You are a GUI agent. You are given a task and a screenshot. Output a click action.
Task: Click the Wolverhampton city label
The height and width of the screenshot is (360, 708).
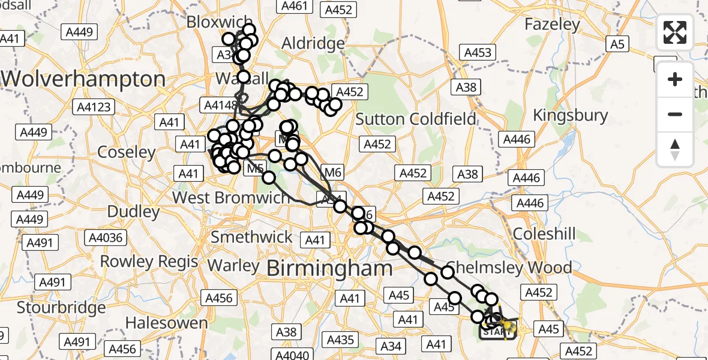(83, 79)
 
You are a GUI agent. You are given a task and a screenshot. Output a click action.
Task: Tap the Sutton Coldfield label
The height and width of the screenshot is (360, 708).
(416, 118)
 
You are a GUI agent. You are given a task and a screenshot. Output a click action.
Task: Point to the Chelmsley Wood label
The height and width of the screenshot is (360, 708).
(509, 266)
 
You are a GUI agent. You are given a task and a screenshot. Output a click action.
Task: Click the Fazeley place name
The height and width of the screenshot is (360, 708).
(552, 25)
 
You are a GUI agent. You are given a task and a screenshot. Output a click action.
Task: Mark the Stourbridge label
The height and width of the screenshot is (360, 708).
(61, 308)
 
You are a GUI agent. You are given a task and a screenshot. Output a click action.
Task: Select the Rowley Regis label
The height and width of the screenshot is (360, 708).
(149, 262)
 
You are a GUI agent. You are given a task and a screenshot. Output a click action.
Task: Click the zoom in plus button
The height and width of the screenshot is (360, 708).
(675, 79)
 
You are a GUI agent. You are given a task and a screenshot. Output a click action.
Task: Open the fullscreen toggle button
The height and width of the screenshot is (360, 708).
(675, 32)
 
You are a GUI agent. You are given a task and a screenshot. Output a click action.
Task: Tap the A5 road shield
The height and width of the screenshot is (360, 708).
(618, 43)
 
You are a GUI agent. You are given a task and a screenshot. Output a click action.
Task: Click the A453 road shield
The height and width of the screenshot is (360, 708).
(478, 52)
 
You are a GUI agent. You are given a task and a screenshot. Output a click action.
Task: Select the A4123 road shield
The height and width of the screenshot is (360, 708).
(93, 107)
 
